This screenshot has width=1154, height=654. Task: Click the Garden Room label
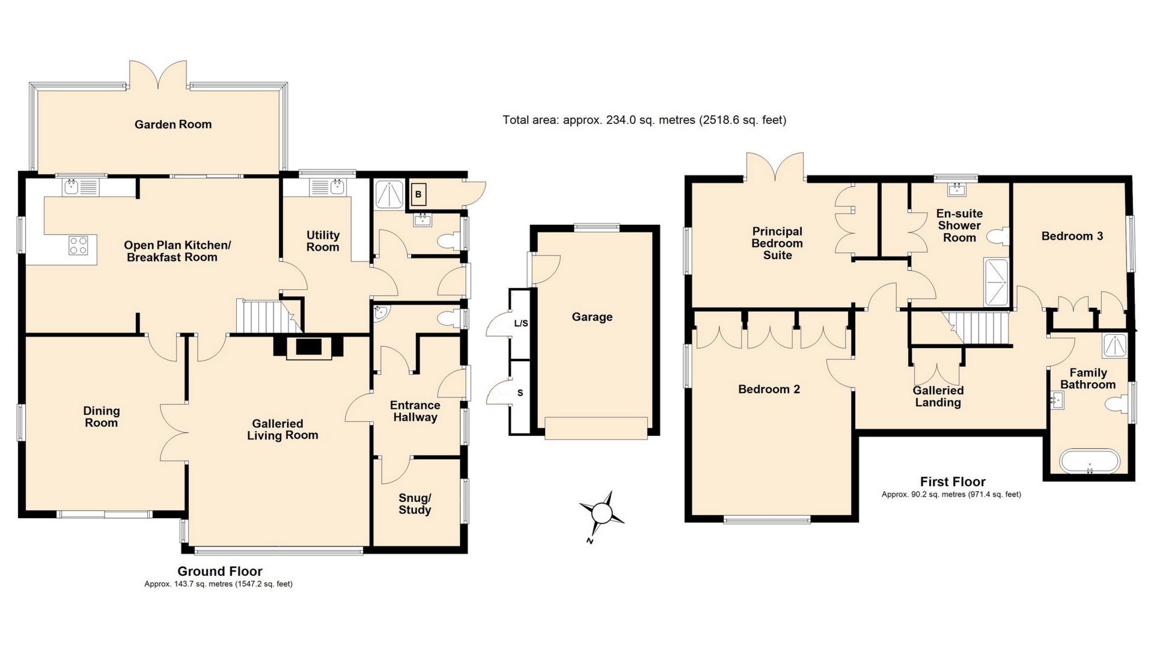pos(173,124)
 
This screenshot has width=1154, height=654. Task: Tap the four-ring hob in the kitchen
pos(79,245)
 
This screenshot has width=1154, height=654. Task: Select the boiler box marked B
pos(418,195)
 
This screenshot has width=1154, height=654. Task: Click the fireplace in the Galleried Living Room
pos(309,348)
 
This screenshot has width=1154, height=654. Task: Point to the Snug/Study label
pos(415,504)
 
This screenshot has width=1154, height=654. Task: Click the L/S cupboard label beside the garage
pos(521,323)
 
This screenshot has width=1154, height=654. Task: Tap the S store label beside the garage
pos(520,393)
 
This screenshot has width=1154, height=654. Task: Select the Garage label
pos(592,317)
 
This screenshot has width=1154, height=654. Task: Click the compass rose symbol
pos(602,514)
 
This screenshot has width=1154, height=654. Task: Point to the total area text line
pos(644,120)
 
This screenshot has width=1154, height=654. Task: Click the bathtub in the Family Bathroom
pos(1089,462)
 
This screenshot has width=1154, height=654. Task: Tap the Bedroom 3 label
pos(1072,236)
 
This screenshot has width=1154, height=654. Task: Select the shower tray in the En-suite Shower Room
pos(996,282)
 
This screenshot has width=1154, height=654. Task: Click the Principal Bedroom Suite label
pos(777,243)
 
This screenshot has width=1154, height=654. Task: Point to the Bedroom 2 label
pos(769,389)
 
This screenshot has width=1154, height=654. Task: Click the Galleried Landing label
pos(938,396)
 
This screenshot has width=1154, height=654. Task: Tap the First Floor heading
pos(953,481)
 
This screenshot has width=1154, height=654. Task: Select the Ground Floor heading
pos(220,571)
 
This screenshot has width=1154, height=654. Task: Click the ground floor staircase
pos(261,316)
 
